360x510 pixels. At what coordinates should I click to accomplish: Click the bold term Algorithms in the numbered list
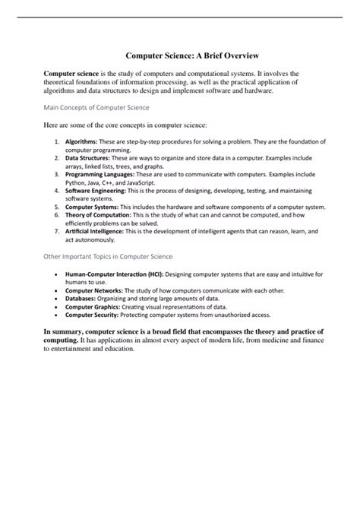[x=80, y=141]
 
